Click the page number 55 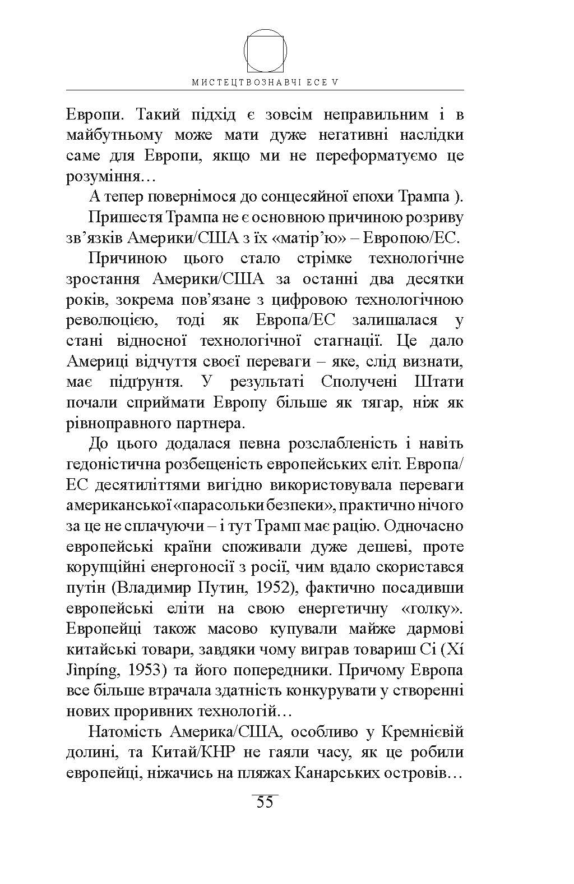[x=265, y=801]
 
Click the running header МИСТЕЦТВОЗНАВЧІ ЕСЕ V [x=266, y=82]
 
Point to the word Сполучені [x=359, y=382]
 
